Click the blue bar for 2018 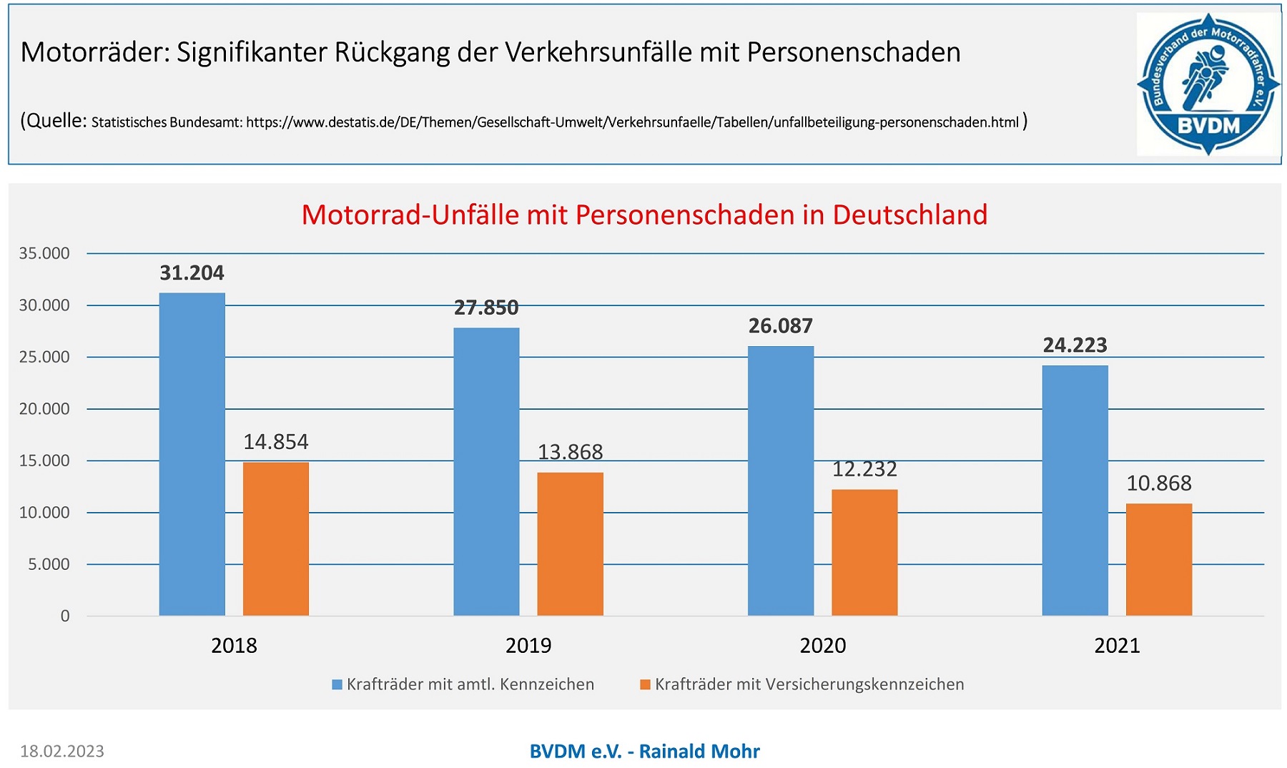pos(192,454)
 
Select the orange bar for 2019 pos(570,544)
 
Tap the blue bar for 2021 pos(1075,491)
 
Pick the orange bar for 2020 pos(864,553)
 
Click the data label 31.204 pos(192,273)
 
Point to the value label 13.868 pos(570,452)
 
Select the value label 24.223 pos(1075,345)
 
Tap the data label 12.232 pos(864,469)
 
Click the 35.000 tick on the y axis pos(44,253)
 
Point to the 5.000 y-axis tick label pos(49,564)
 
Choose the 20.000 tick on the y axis pos(44,409)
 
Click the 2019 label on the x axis pos(528,646)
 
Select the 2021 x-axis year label pos(1117,646)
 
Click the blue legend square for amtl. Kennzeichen pos(337,685)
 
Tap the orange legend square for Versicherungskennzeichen pos(645,685)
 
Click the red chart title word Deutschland pos(910,215)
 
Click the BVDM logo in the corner pos(1208,84)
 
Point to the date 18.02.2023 pos(62,752)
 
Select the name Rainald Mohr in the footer pos(699,752)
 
